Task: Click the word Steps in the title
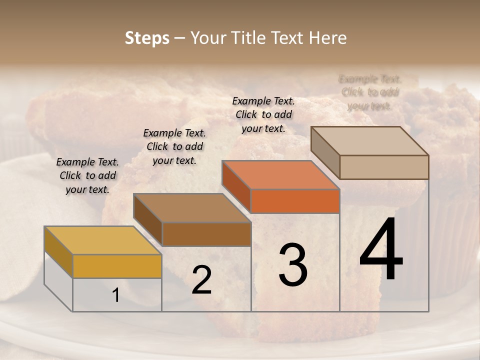(147, 38)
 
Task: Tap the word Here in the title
(328, 38)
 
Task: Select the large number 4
(381, 250)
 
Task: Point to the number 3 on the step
(293, 265)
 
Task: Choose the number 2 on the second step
(201, 280)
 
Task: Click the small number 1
(116, 295)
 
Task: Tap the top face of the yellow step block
(102, 240)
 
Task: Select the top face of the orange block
(280, 175)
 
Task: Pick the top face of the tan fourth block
(369, 140)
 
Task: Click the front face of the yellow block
(117, 266)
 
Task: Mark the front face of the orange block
(295, 201)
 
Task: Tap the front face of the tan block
(384, 167)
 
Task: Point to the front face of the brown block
(206, 234)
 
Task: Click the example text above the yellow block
(87, 175)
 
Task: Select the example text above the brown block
(174, 146)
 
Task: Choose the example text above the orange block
(263, 114)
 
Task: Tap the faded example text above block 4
(369, 92)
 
